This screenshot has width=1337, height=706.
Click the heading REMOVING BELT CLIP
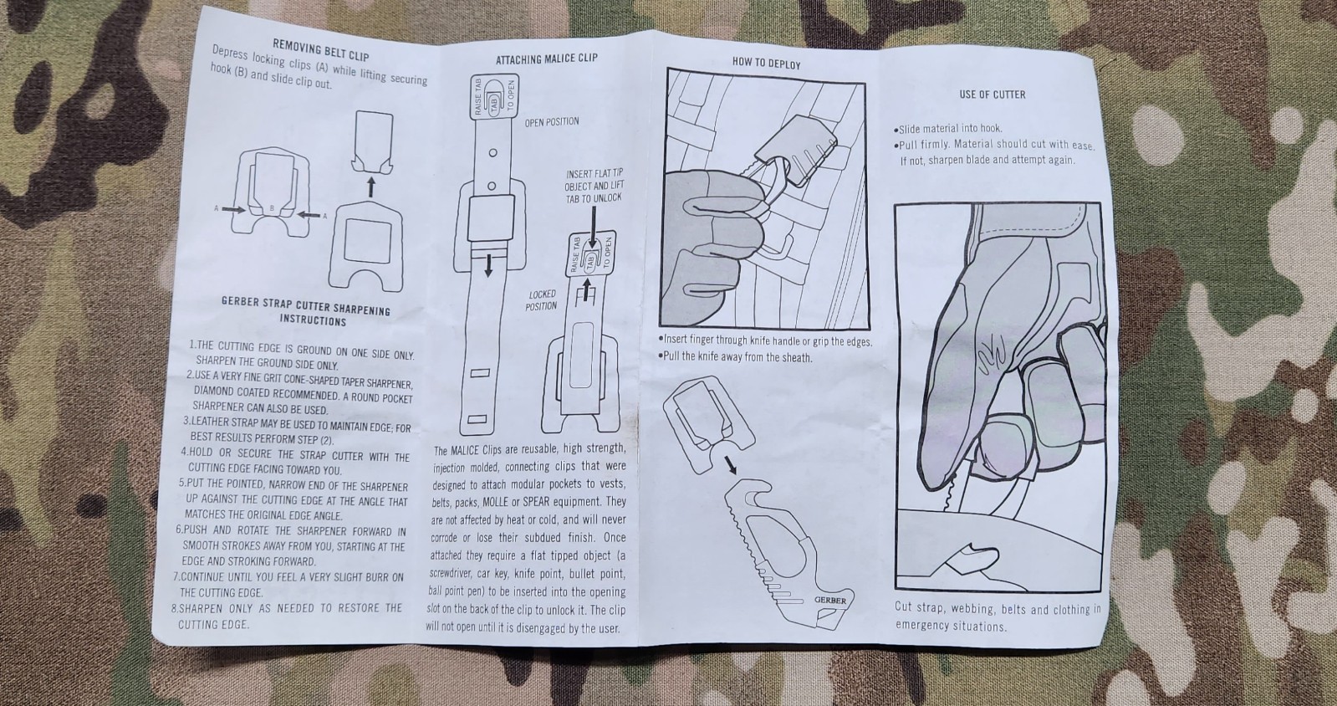(x=320, y=50)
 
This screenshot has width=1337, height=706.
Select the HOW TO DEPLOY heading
(x=767, y=64)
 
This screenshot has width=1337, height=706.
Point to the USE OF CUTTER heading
(x=992, y=95)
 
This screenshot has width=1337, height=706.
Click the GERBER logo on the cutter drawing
(x=830, y=600)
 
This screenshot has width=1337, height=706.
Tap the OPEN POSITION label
(x=552, y=122)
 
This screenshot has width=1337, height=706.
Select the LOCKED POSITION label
(x=542, y=299)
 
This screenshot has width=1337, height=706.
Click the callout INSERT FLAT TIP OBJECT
(x=594, y=186)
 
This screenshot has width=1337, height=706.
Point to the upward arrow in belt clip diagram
(x=371, y=187)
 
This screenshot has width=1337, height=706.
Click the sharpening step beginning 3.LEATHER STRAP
(x=297, y=429)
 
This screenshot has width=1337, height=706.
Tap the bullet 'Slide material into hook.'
(x=948, y=129)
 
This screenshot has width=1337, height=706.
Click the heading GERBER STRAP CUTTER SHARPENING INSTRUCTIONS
(x=305, y=310)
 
